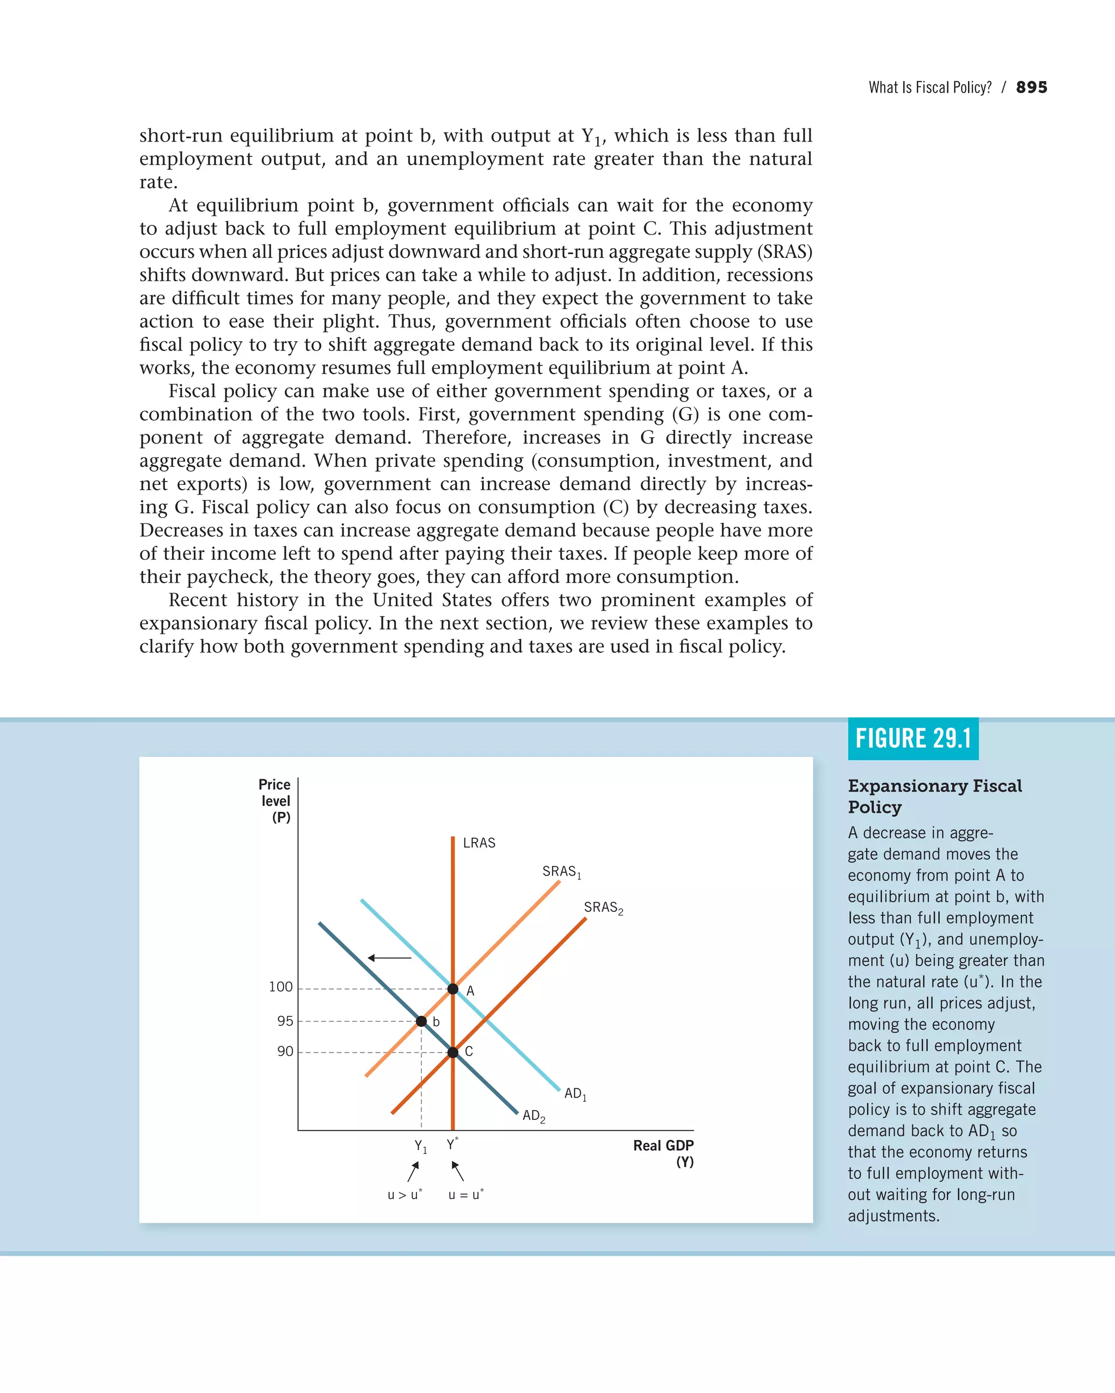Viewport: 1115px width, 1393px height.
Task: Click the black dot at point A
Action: [452, 989]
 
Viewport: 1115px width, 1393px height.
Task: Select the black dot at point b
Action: [421, 1021]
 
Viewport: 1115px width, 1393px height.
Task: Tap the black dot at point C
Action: [452, 1052]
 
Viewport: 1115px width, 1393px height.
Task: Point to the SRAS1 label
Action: [561, 872]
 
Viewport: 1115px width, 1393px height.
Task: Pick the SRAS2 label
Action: [603, 908]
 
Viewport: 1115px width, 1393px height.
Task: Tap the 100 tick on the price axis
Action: [280, 987]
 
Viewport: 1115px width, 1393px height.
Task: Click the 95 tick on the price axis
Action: [285, 1021]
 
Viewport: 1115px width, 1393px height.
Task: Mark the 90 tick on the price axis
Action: [285, 1052]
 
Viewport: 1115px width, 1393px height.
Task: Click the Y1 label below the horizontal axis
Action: [421, 1146]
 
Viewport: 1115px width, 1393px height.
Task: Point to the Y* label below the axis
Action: [452, 1144]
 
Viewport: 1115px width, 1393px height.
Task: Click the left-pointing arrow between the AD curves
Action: [390, 958]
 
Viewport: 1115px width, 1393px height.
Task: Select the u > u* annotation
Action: [405, 1194]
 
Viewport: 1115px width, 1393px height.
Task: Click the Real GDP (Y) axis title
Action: [663, 1153]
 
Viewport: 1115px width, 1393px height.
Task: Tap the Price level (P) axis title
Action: [275, 800]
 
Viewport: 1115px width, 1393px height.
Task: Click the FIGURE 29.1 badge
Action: [912, 738]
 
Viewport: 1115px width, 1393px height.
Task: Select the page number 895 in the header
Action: [1032, 87]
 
